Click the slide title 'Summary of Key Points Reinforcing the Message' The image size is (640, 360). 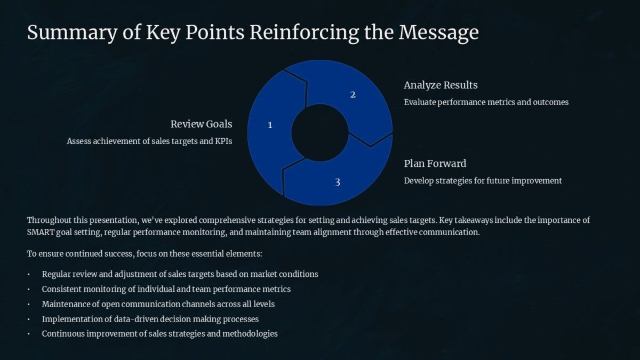pos(253,33)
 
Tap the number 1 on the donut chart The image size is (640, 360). pos(270,125)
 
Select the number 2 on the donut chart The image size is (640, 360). pos(353,95)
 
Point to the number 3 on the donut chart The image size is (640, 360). pos(338,182)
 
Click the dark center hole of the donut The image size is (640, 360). pos(319,132)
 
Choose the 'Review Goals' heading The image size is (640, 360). pos(201,124)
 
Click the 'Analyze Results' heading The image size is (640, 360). pos(441,85)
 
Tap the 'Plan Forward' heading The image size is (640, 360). pos(435,163)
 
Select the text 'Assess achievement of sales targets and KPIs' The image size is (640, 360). pos(149,141)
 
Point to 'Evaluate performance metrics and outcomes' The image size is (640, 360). pos(486,102)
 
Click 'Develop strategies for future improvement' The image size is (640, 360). pos(483,180)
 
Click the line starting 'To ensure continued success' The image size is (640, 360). pos(145,253)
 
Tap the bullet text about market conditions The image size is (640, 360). pos(180,274)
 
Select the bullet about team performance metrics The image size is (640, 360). pos(166,289)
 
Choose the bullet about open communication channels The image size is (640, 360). pos(158,304)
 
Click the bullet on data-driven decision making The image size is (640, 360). pos(150,319)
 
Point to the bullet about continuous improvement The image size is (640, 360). pos(159,333)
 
